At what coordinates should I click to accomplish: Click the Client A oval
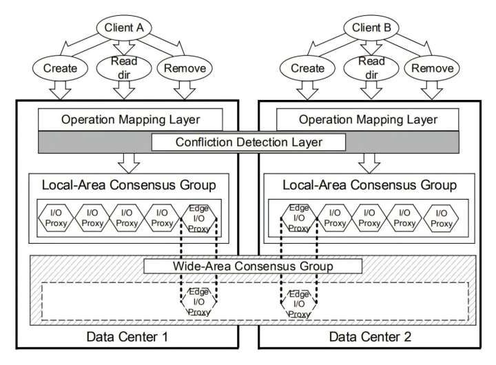123,28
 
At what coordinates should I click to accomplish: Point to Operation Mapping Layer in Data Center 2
367,119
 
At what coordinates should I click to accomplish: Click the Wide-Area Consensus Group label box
252,266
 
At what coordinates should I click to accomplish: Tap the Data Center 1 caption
127,337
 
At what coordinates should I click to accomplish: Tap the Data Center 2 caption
370,337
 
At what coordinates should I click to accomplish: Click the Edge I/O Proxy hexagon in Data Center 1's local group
198,219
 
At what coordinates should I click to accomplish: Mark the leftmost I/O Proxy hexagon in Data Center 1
54,219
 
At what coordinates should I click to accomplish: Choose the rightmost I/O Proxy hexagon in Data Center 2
442,219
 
